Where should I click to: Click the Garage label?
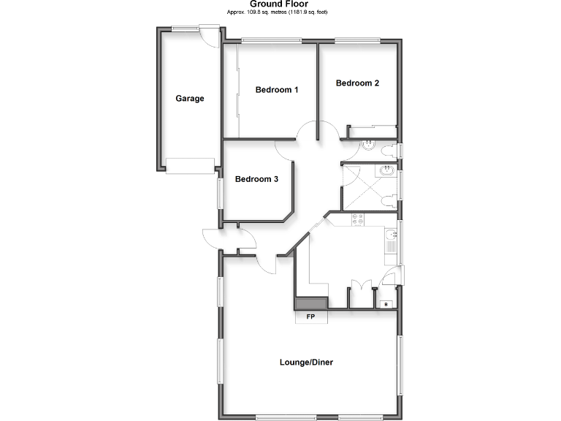[189, 99]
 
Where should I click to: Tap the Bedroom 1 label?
[277, 90]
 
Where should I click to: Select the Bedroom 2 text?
[357, 83]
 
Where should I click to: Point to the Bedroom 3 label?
[256, 179]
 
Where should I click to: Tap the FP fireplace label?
[310, 316]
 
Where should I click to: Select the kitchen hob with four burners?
[358, 219]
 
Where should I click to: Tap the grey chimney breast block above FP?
[311, 303]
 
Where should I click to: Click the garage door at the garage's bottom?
[189, 165]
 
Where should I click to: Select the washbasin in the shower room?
[386, 172]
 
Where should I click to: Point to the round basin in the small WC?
[368, 145]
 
